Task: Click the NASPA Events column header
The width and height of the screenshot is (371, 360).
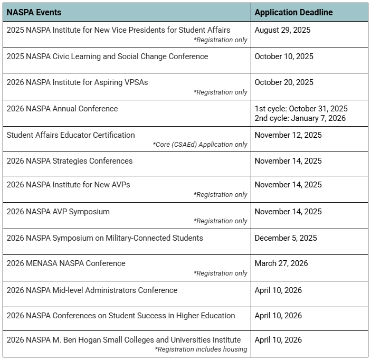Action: [x=34, y=12]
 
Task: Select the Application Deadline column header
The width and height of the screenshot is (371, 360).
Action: [x=293, y=12]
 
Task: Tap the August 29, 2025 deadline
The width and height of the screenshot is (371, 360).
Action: [x=282, y=30]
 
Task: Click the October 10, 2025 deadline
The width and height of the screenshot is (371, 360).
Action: [x=283, y=56]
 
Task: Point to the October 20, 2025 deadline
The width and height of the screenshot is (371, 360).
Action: [x=283, y=82]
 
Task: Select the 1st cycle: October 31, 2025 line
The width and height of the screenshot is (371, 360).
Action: [x=301, y=109]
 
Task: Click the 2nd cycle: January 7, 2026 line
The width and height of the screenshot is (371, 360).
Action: [x=300, y=118]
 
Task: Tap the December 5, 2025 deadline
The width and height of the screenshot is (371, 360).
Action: [x=286, y=238]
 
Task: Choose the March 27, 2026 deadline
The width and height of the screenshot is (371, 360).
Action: [x=281, y=263]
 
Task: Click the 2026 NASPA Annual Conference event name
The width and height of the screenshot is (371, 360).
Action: [x=62, y=109]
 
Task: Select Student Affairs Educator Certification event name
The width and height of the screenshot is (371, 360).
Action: [x=71, y=135]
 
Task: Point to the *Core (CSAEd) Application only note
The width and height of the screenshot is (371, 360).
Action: [x=200, y=145]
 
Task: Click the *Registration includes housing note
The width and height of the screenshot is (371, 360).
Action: [x=201, y=349]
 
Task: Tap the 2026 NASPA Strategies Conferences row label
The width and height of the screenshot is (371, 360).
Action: [x=70, y=161]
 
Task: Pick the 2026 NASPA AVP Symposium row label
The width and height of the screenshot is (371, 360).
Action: [x=58, y=212]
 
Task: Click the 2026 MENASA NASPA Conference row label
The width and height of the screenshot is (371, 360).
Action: [x=66, y=263]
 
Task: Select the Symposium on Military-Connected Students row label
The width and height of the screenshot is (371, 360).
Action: [x=104, y=238]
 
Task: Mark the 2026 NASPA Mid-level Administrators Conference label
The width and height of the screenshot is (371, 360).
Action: [x=92, y=290]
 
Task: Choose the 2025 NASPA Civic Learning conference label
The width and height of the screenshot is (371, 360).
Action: [x=107, y=56]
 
